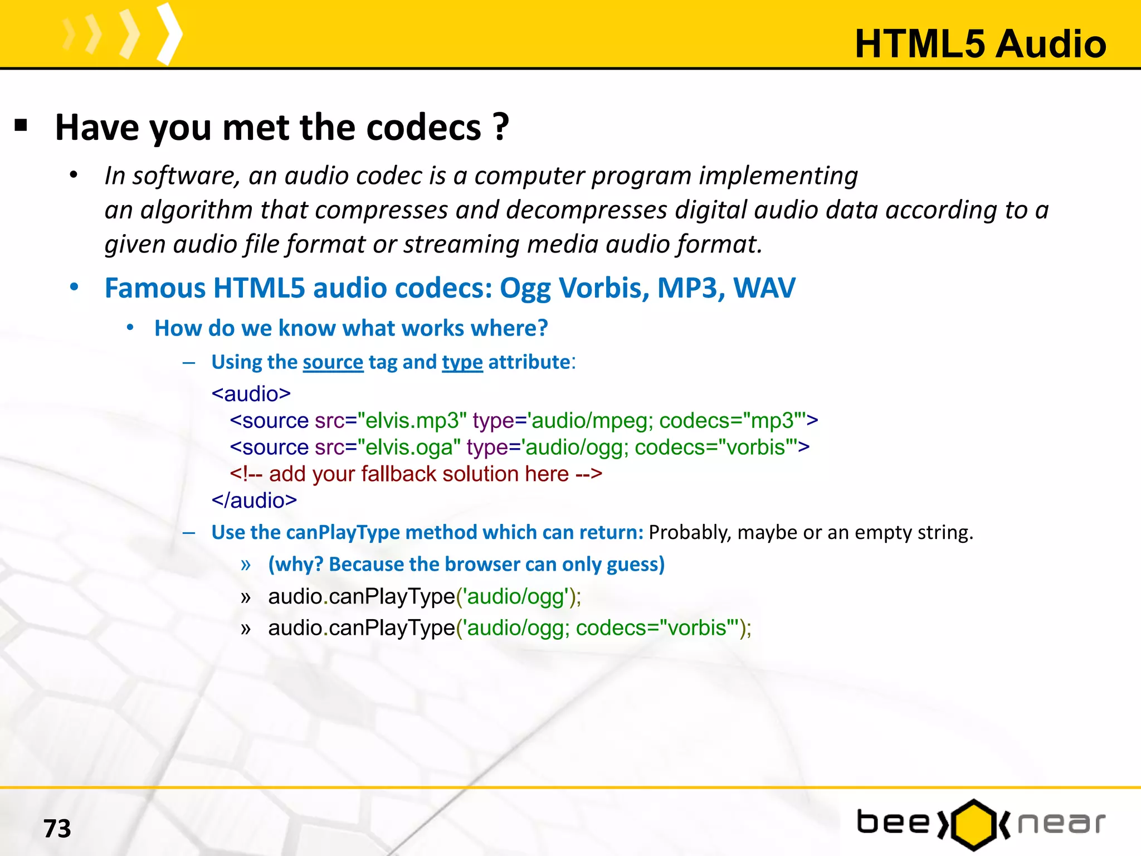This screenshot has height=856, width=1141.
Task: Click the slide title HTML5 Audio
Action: pos(980,44)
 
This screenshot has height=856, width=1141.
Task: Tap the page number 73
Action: pos(57,829)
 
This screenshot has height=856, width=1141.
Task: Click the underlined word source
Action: pos(333,362)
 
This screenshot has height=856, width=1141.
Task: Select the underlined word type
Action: pos(462,362)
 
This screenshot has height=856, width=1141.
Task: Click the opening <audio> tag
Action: pos(251,394)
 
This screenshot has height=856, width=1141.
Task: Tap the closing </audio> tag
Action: pos(254,500)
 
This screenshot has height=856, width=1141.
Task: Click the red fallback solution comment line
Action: pos(416,474)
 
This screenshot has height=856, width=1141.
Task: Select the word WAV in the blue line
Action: pos(764,289)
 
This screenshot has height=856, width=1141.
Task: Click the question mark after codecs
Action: pos(501,128)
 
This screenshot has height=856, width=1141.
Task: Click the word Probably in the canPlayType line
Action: pos(689,533)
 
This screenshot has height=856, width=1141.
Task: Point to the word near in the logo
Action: pos(1061,824)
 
